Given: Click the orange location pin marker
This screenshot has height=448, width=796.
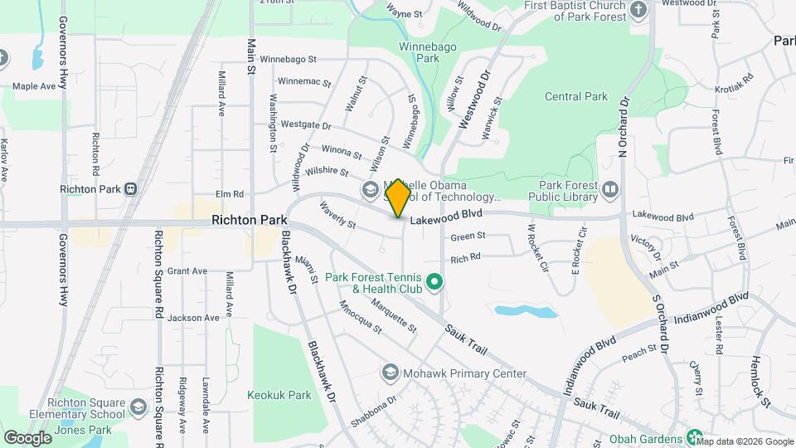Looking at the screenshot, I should pos(399,197).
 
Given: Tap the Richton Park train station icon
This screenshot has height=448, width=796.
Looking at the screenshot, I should pos(131,189).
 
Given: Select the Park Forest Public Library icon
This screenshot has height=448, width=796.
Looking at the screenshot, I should pos(610,190).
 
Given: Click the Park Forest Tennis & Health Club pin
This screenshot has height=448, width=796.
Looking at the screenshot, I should pos(433,284).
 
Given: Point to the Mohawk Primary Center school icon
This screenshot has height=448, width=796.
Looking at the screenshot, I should pos(391,373).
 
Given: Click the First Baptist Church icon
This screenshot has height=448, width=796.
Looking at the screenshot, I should pos(638,10).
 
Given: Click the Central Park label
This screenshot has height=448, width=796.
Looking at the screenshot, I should pos(576,97).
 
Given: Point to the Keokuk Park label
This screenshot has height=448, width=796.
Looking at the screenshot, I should pos(279,395).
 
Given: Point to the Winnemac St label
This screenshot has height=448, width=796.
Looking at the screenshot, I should pos(304,83).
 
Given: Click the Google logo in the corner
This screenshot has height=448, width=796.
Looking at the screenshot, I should pos(27,437).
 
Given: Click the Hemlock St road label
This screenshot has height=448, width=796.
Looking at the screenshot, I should pos(761,377).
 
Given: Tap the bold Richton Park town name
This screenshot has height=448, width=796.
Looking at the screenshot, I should pos(249,221).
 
